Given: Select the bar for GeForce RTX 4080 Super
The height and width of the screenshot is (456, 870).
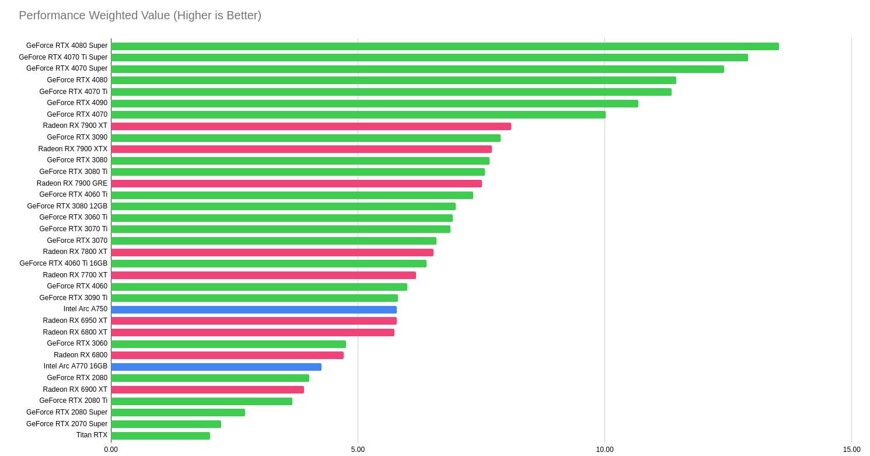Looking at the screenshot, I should (445, 46).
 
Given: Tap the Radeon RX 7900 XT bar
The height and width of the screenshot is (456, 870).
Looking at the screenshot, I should (311, 126).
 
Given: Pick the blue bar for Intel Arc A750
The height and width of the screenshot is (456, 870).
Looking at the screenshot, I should (254, 309).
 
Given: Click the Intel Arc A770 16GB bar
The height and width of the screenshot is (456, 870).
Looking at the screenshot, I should (216, 367).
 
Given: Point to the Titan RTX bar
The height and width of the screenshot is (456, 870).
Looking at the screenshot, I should (160, 436).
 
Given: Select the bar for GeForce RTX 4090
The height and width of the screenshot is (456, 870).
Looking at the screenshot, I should (375, 103).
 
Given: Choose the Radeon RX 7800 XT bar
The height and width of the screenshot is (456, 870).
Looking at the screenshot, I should (272, 252).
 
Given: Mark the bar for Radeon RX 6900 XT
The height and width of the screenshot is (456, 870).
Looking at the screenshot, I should (207, 389).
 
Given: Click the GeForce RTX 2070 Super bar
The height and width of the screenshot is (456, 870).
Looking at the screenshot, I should (166, 424).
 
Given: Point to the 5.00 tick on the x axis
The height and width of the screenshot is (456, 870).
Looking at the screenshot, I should (358, 450).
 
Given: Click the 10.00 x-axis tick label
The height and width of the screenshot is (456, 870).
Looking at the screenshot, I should (605, 450).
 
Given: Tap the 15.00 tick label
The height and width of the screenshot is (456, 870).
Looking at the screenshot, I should (851, 450).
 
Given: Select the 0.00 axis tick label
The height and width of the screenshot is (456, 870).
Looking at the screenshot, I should (111, 450).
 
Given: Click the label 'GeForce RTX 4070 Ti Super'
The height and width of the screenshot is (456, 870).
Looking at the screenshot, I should (63, 57).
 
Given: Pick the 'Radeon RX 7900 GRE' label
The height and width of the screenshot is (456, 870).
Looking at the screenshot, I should (72, 183).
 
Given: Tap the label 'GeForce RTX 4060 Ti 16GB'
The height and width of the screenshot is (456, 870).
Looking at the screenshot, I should (64, 263).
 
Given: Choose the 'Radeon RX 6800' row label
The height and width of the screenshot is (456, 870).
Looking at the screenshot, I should (81, 355).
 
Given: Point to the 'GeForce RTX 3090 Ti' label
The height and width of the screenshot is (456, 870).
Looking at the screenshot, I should (74, 298).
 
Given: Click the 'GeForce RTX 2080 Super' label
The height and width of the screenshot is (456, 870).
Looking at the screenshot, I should (67, 412).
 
